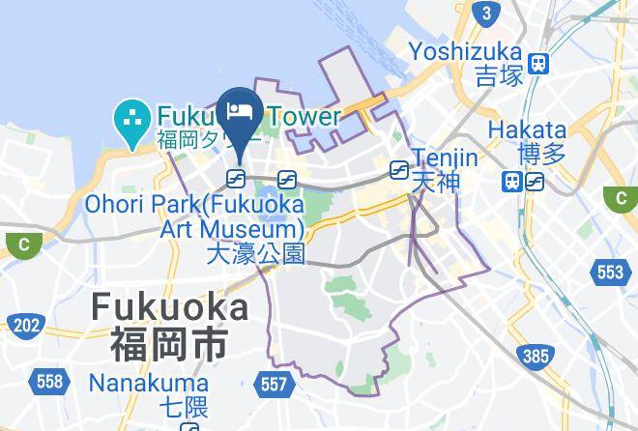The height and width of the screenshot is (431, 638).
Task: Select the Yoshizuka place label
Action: coord(465,51)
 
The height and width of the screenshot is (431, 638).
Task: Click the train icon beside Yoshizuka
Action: coord(539,64)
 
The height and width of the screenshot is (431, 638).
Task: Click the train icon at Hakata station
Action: coord(512,180)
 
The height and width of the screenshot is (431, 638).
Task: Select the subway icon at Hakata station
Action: coord(535,180)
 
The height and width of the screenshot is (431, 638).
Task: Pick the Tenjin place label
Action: coord(445,157)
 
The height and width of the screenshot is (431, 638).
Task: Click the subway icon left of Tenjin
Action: coord(397,170)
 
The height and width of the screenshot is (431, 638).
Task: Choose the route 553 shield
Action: coord(610,273)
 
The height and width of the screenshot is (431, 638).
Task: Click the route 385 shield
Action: coord(535,357)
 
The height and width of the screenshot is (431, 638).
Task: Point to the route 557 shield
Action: coord(274,385)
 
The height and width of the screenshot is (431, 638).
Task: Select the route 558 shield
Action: coord(48,381)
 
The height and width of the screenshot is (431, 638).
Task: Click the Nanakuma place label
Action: coord(135,383)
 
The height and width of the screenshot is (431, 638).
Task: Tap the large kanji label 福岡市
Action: coord(169,343)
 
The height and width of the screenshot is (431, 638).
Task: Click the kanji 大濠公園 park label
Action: coord(256,254)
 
